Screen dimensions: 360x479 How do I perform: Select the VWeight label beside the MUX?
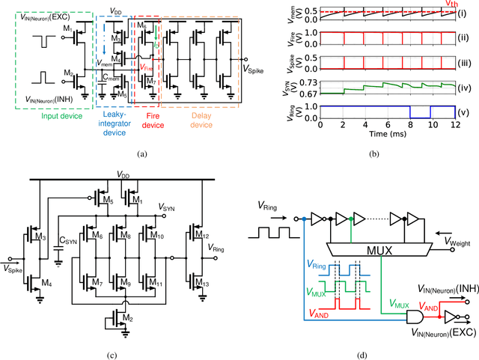coord(459,242)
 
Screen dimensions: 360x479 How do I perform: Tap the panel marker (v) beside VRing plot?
coord(469,115)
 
